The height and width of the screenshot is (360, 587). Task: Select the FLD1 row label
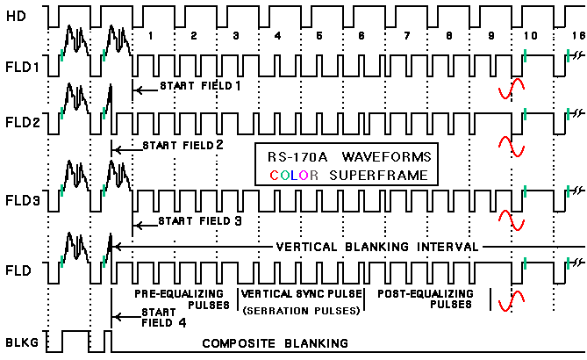tap(20, 65)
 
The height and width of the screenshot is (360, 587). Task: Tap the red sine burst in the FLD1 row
tap(511, 87)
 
